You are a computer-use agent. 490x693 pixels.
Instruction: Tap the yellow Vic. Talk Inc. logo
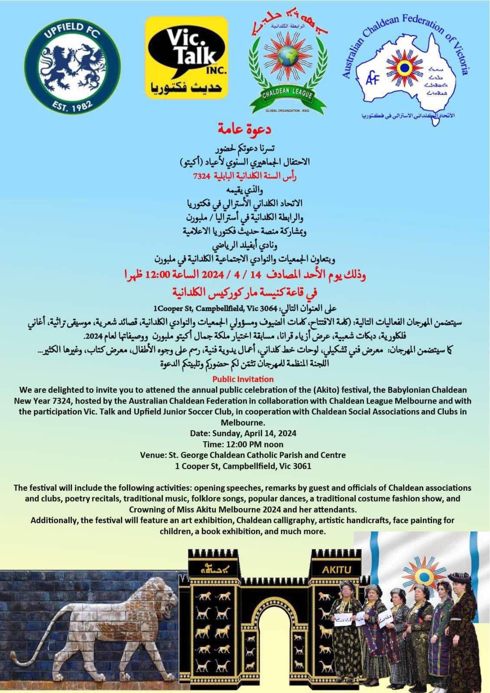(x=187, y=56)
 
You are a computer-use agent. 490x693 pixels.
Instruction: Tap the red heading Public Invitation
(x=245, y=379)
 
